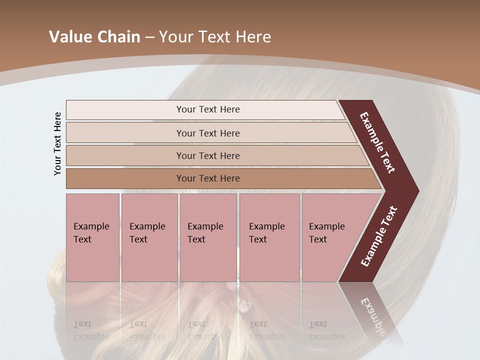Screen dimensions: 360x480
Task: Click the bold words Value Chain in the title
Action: tap(94, 37)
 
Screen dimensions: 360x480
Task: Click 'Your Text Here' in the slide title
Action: tap(215, 37)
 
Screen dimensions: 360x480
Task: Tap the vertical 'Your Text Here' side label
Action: tap(57, 143)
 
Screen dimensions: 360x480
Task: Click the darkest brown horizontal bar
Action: tap(125, 178)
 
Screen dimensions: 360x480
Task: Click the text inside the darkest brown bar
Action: tap(208, 178)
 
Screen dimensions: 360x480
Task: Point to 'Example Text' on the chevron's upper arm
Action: tap(377, 143)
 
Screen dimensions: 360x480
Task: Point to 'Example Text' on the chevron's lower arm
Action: tap(378, 236)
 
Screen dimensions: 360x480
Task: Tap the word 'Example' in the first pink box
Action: tap(91, 226)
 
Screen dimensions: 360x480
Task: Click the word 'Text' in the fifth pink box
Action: tap(318, 239)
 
